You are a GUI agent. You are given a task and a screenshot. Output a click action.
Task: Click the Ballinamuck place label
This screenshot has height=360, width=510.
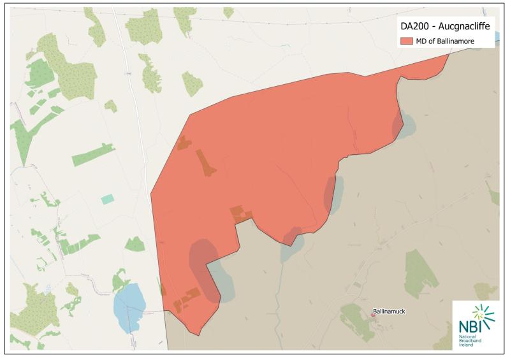(x=389, y=312)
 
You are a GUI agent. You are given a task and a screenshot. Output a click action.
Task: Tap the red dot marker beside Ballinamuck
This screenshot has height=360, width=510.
(x=374, y=315)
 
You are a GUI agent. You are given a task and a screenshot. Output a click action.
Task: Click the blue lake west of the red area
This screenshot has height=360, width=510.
(x=129, y=306)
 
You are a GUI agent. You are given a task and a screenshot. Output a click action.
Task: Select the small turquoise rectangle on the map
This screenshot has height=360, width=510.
(x=108, y=199)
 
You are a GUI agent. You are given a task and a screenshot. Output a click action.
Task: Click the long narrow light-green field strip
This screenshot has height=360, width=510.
(x=93, y=154)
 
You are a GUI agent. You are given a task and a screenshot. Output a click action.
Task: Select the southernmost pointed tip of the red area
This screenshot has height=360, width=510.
(x=198, y=334)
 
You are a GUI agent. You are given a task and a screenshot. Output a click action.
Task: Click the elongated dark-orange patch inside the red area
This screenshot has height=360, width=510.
(x=205, y=163)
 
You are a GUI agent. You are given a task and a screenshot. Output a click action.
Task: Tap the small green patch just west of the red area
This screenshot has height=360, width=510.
(x=135, y=243)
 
